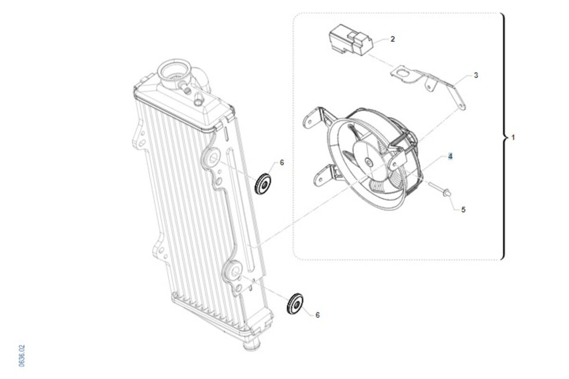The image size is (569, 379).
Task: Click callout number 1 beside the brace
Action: pyautogui.click(x=513, y=138)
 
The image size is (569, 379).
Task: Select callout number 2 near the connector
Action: pyautogui.click(x=393, y=39)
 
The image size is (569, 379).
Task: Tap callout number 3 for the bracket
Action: pyautogui.click(x=476, y=75)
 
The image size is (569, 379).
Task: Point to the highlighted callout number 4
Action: pyautogui.click(x=450, y=157)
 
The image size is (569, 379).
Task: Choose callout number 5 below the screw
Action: pyautogui.click(x=463, y=210)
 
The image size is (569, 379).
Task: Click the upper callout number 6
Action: pyautogui.click(x=282, y=162)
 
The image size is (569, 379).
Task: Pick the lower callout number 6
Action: pyautogui.click(x=317, y=315)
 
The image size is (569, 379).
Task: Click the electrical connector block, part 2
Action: pyautogui.click(x=351, y=40)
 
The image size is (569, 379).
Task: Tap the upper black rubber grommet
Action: pyautogui.click(x=263, y=184)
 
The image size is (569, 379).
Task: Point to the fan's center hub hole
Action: pyautogui.click(x=368, y=161)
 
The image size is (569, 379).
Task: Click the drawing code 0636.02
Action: pyautogui.click(x=22, y=356)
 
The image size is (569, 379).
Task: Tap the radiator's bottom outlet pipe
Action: pyautogui.click(x=251, y=345)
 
